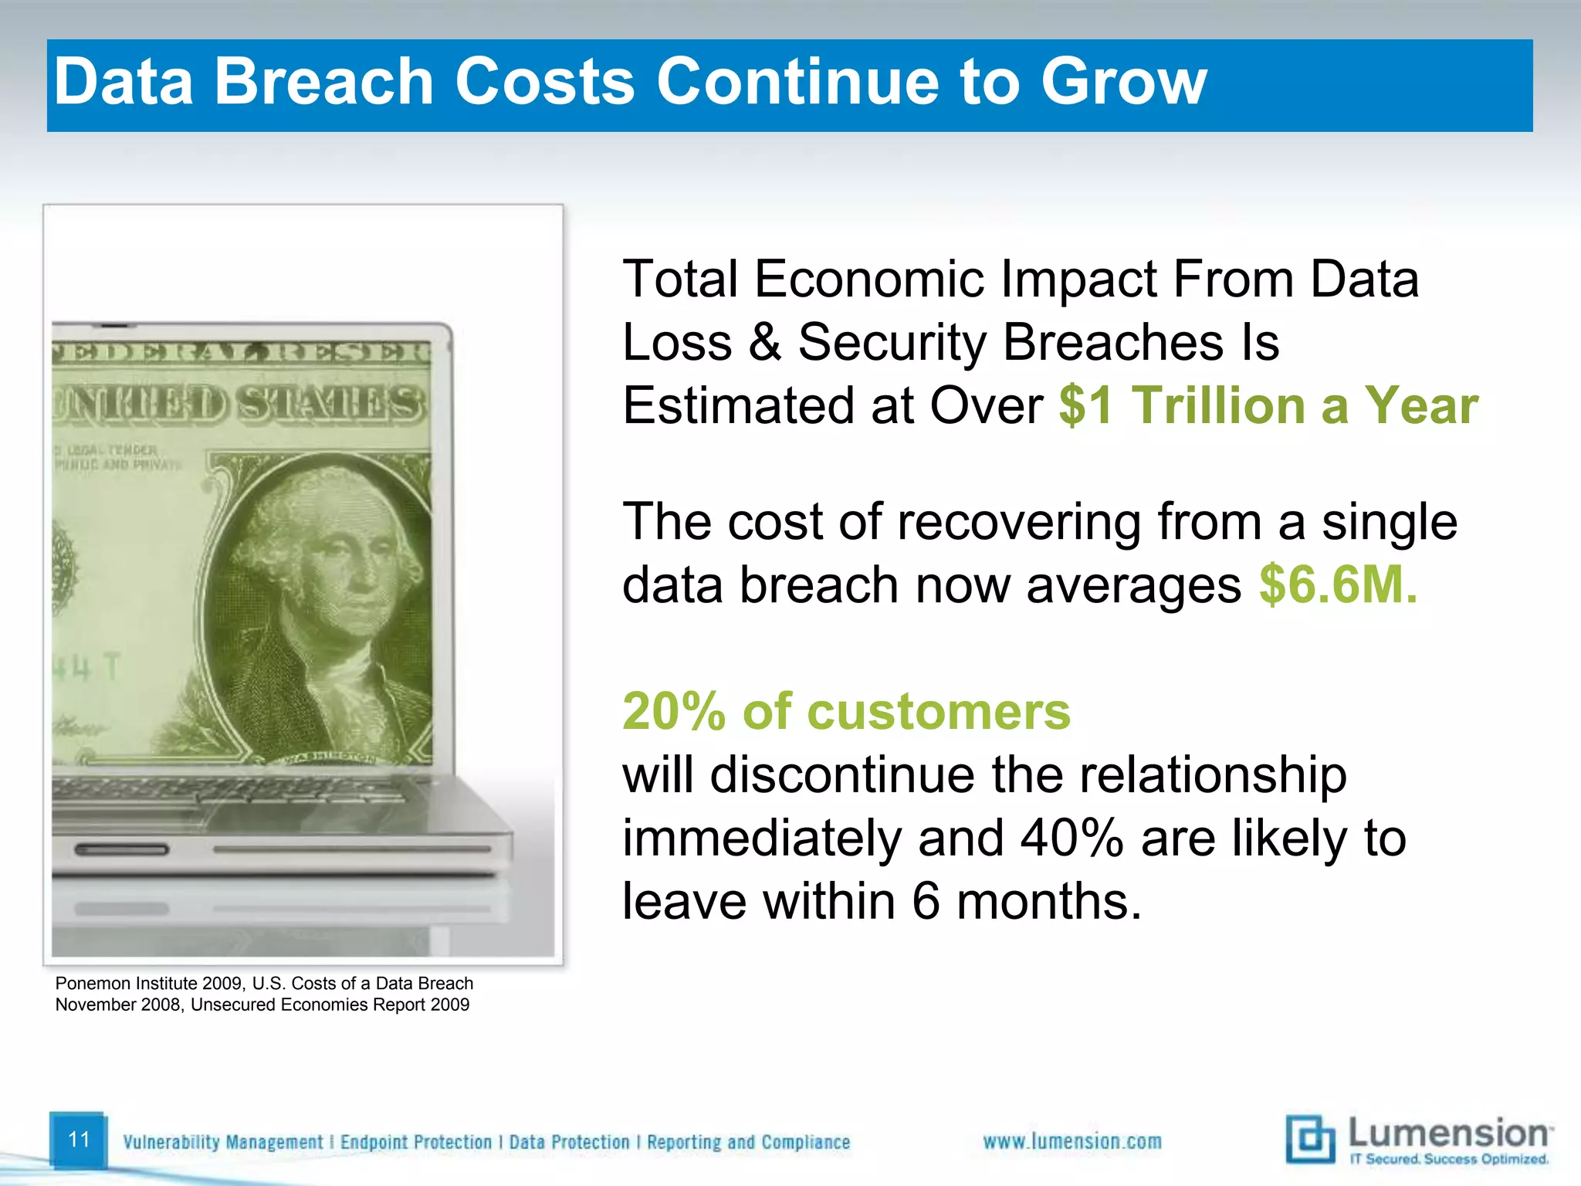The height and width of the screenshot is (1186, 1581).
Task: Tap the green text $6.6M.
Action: pos(1338,585)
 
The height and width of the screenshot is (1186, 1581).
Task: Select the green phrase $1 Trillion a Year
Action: pos(1268,405)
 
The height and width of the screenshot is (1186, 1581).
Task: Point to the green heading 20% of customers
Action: pos(846,711)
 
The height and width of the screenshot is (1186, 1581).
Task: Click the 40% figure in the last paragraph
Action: pos(1071,838)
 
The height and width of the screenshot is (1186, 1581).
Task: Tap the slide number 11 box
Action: pos(79,1140)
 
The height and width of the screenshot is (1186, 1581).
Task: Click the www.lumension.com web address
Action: pos(1071,1141)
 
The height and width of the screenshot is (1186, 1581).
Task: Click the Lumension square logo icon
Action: pos(1309,1139)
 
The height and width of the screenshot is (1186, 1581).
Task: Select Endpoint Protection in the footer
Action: pos(415,1142)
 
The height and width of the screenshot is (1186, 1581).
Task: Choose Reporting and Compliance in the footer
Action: pos(748,1142)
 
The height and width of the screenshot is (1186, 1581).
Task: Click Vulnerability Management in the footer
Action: pos(222,1142)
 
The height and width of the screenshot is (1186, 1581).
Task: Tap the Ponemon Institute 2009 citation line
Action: pos(264,984)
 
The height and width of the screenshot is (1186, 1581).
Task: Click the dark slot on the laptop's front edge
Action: pos(121,850)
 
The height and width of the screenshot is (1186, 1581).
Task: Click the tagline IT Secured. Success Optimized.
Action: pos(1448,1159)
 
